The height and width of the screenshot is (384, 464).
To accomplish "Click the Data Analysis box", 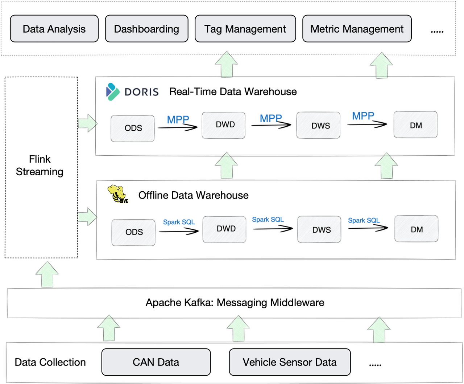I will (x=54, y=29).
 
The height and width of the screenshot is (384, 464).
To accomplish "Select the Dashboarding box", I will (x=146, y=29).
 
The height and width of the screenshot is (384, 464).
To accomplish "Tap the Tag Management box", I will (x=245, y=29).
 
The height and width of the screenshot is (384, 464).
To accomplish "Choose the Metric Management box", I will (x=357, y=29).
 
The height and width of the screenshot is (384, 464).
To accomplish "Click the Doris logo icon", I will (x=112, y=91).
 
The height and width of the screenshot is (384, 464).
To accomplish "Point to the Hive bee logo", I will (x=117, y=194).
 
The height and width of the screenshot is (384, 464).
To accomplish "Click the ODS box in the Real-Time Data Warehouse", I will (x=133, y=128).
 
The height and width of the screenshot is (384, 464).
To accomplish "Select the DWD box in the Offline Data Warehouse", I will (x=225, y=229).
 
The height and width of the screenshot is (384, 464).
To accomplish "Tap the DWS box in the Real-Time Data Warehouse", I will (x=318, y=126).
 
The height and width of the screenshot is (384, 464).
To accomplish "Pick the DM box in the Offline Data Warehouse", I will (x=416, y=229).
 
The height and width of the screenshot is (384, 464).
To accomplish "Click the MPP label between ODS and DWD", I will (x=178, y=119).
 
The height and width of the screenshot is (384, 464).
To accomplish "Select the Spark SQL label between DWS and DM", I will (x=364, y=220).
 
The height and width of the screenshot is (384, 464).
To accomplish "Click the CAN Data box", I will (x=156, y=362).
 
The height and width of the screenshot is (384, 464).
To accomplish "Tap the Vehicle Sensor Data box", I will (x=290, y=362).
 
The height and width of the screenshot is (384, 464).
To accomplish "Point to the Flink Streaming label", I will (x=40, y=166).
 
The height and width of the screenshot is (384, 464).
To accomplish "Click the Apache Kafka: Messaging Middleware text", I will (x=235, y=302).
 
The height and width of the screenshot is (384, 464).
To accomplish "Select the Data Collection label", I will (x=50, y=362).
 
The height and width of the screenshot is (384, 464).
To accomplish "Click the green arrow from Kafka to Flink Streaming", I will (x=47, y=274).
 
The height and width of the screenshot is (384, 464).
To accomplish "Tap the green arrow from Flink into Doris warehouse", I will (x=87, y=123).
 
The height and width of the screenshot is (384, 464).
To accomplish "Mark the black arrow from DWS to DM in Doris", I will (x=367, y=124).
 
